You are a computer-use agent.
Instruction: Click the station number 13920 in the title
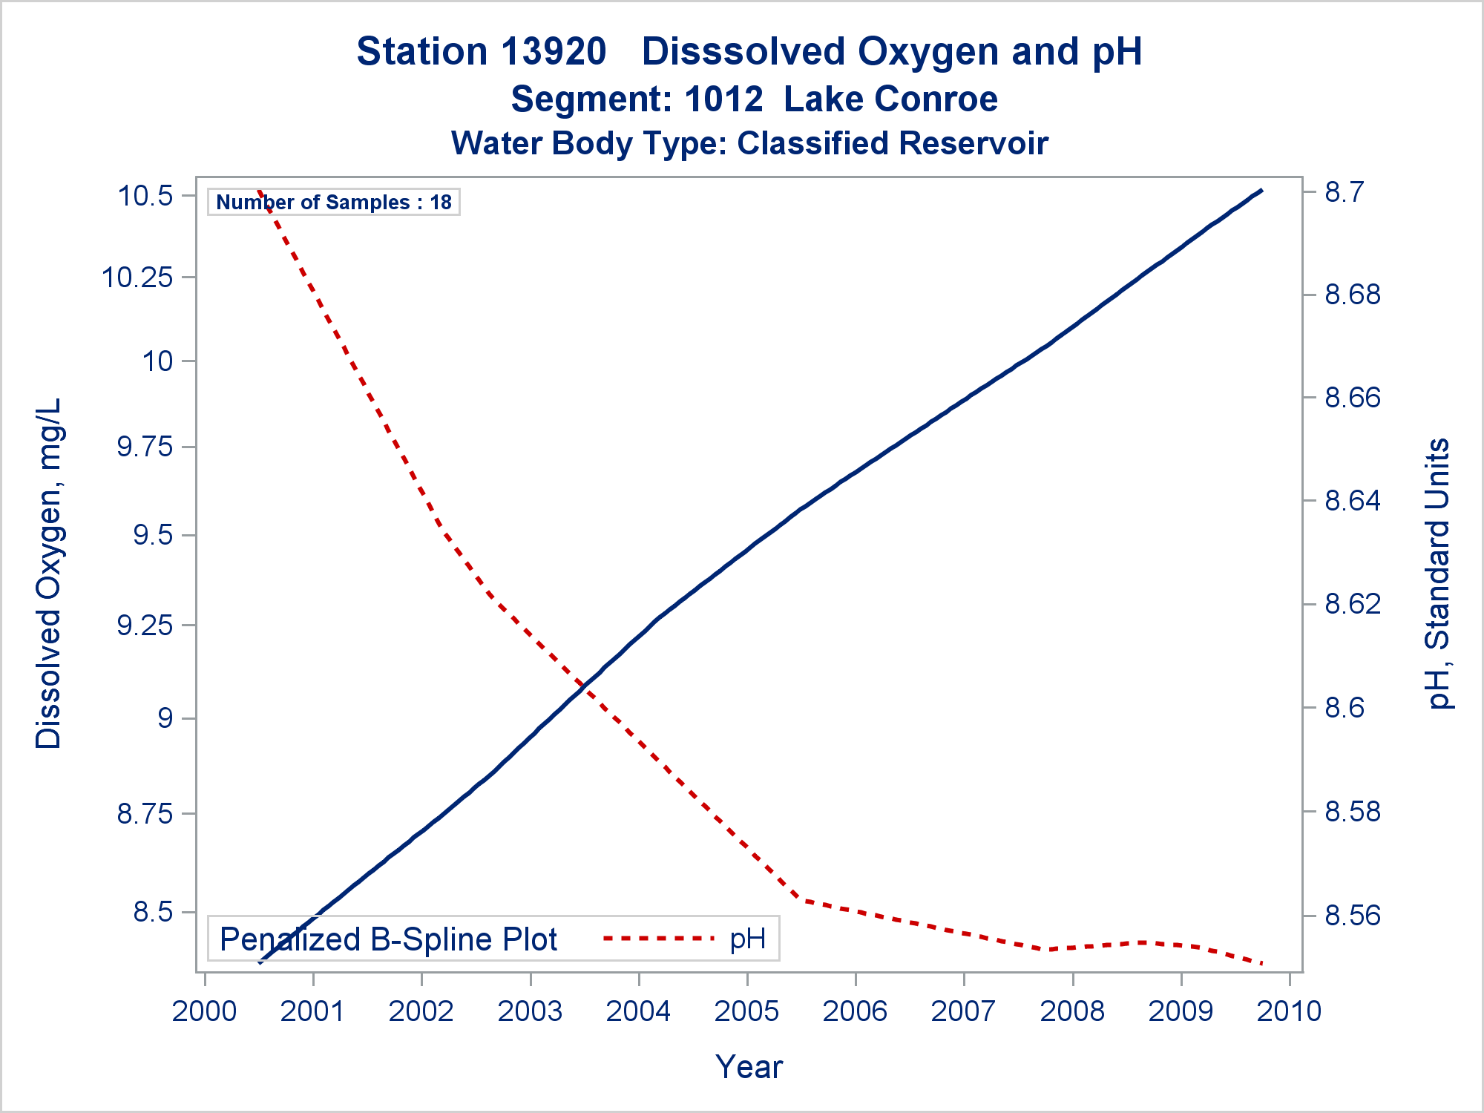tap(554, 52)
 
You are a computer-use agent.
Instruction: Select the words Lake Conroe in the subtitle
tap(890, 99)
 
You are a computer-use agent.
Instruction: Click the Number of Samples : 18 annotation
tap(334, 202)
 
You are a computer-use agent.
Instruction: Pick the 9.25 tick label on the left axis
tap(145, 626)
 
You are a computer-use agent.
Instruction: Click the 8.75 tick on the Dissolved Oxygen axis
tap(145, 813)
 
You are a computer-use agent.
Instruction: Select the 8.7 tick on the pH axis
tap(1344, 192)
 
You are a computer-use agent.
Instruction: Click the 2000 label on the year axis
tap(204, 1011)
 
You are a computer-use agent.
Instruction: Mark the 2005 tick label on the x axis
tap(746, 1011)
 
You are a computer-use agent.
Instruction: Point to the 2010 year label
tap(1290, 1011)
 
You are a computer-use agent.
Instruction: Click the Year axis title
tap(749, 1067)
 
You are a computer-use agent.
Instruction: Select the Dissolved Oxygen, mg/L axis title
tap(49, 574)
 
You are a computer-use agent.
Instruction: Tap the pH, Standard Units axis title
tap(1438, 574)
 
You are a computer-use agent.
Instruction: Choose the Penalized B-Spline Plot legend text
tap(388, 939)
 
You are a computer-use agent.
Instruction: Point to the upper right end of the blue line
tap(1261, 191)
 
